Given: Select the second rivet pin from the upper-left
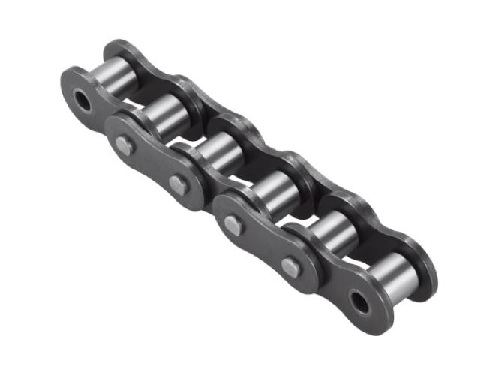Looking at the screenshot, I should (177, 184).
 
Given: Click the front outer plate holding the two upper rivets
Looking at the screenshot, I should (150, 165).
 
